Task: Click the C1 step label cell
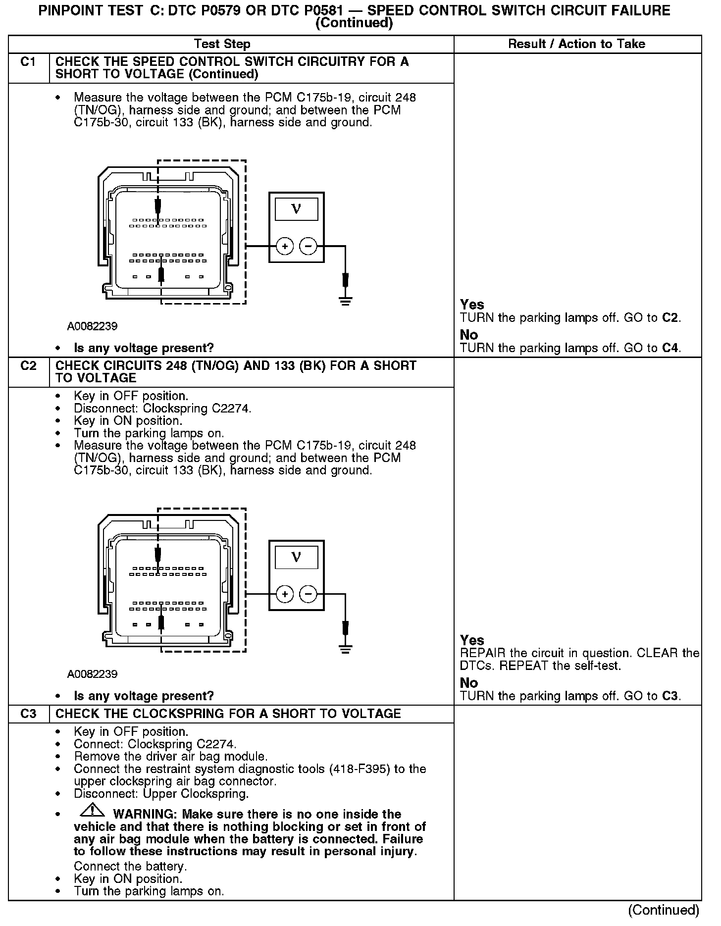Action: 29,62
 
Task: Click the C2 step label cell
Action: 29,366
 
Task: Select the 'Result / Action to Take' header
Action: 577,44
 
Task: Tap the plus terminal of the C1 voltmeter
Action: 285,246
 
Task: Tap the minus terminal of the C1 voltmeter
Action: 309,246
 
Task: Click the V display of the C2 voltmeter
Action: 297,557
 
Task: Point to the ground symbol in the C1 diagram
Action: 346,300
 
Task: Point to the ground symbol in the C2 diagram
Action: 346,648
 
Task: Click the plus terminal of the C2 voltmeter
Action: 285,594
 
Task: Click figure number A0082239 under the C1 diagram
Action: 93,326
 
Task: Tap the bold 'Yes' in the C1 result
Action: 472,305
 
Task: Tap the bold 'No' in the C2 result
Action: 469,683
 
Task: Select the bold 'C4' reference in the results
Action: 670,348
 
